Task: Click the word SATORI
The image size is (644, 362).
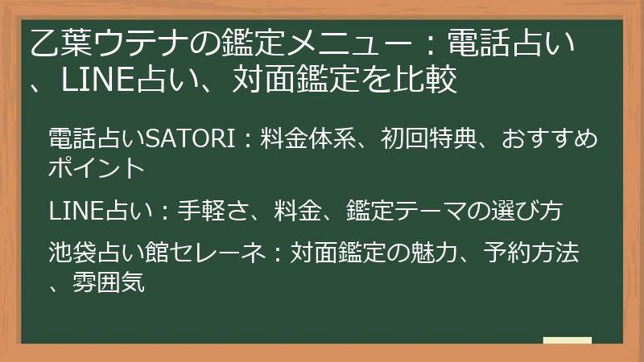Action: click(191, 138)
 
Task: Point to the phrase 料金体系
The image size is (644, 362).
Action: click(308, 138)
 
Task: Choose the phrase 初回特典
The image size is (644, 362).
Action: click(428, 138)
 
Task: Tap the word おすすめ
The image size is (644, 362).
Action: click(549, 138)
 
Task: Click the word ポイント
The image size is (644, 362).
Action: click(97, 167)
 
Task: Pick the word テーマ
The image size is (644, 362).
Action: click(431, 211)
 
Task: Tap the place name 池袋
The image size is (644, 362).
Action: click(72, 252)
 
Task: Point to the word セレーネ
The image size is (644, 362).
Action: click(217, 252)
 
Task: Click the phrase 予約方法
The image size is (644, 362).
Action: click(531, 252)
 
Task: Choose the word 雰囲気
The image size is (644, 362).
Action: click(109, 282)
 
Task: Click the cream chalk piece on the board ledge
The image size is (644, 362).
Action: click(568, 340)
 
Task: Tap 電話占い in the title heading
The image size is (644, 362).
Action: click(510, 43)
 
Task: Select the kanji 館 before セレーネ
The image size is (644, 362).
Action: click(157, 252)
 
